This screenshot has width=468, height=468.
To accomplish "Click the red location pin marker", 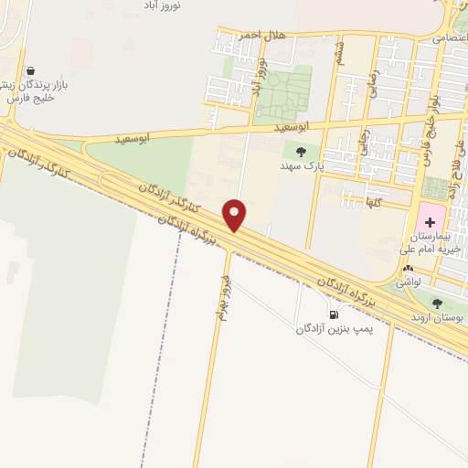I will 235,215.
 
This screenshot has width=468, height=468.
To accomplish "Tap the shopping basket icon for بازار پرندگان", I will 32,70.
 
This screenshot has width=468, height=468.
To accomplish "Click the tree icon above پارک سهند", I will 301,152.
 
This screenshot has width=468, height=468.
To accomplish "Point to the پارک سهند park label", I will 301,168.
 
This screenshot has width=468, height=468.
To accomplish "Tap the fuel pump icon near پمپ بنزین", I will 320,314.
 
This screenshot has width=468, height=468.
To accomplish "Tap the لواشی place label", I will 408,284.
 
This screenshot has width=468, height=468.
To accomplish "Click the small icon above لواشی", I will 408,270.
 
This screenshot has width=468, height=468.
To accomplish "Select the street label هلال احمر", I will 263,35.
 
